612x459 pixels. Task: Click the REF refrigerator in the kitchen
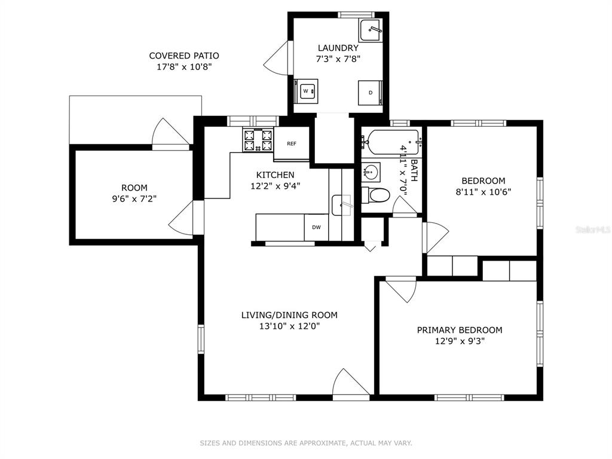(x=292, y=143)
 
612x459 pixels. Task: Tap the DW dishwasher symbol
(x=316, y=227)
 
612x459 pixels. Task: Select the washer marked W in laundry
(x=307, y=91)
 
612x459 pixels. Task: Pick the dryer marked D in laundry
(x=371, y=93)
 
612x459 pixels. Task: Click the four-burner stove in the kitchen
(x=258, y=140)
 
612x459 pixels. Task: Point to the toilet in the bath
(x=375, y=195)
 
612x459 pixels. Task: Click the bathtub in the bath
(x=391, y=142)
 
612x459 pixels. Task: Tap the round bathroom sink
(x=371, y=172)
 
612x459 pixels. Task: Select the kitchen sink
(x=342, y=205)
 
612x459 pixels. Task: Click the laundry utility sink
(x=371, y=29)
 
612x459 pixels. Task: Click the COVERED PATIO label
(x=184, y=56)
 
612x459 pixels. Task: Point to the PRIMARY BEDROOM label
(x=460, y=330)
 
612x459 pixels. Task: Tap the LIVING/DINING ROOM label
(x=289, y=315)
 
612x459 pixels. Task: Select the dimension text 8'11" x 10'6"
(x=484, y=192)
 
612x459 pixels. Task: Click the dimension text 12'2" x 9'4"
(x=275, y=186)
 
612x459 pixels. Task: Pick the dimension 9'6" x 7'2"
(x=134, y=199)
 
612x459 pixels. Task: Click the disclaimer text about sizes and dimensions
(x=306, y=443)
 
